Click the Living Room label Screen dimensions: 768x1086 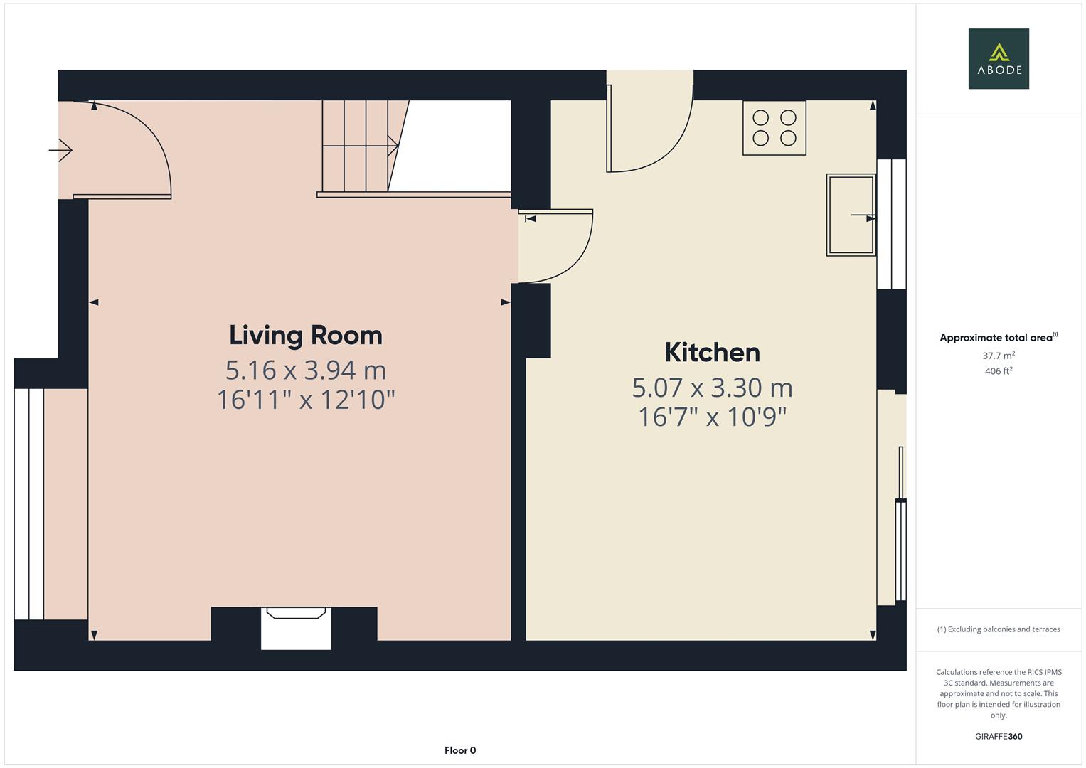click(305, 335)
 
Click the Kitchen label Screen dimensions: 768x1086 click(712, 353)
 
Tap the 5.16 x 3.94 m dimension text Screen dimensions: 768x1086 click(305, 370)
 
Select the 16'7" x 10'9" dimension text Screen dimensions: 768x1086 click(712, 417)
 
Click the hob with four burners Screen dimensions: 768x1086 click(774, 128)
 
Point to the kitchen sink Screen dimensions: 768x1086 click(851, 215)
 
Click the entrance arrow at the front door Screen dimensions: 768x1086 click(60, 150)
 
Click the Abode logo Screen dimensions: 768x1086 click(998, 59)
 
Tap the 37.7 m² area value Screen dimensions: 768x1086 click(998, 356)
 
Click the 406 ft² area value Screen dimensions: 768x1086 click(998, 371)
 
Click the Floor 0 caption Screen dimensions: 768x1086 click(459, 750)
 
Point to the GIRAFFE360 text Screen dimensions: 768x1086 click(998, 736)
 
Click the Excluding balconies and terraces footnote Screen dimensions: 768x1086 click(998, 629)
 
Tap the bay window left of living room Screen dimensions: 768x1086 click(29, 503)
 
